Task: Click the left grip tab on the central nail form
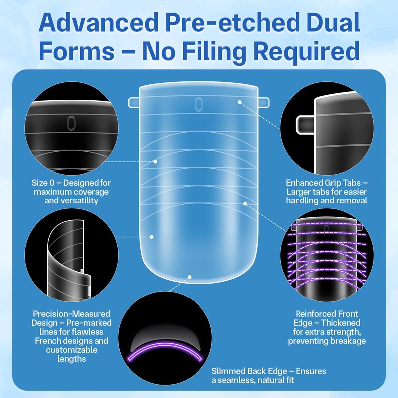click(134, 102)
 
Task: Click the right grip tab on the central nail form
click(264, 102)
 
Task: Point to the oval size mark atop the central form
click(199, 103)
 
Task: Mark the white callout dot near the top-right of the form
click(240, 102)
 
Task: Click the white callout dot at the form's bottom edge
click(190, 275)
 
